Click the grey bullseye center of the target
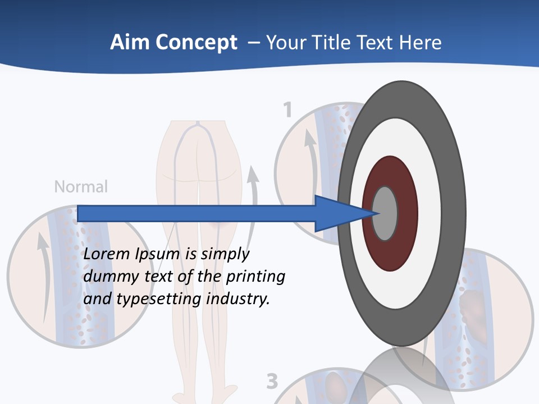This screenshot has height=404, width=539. point(385,213)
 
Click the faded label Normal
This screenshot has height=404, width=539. point(81,186)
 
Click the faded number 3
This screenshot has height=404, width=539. point(272,382)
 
